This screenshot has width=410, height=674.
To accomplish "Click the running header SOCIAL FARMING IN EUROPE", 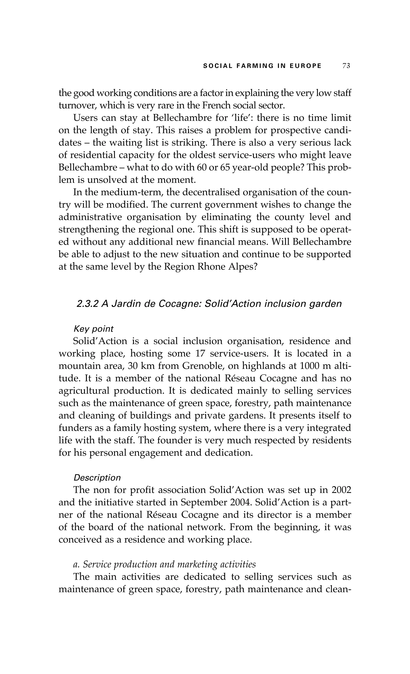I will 262,66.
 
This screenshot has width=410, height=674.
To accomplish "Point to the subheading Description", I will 97,478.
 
